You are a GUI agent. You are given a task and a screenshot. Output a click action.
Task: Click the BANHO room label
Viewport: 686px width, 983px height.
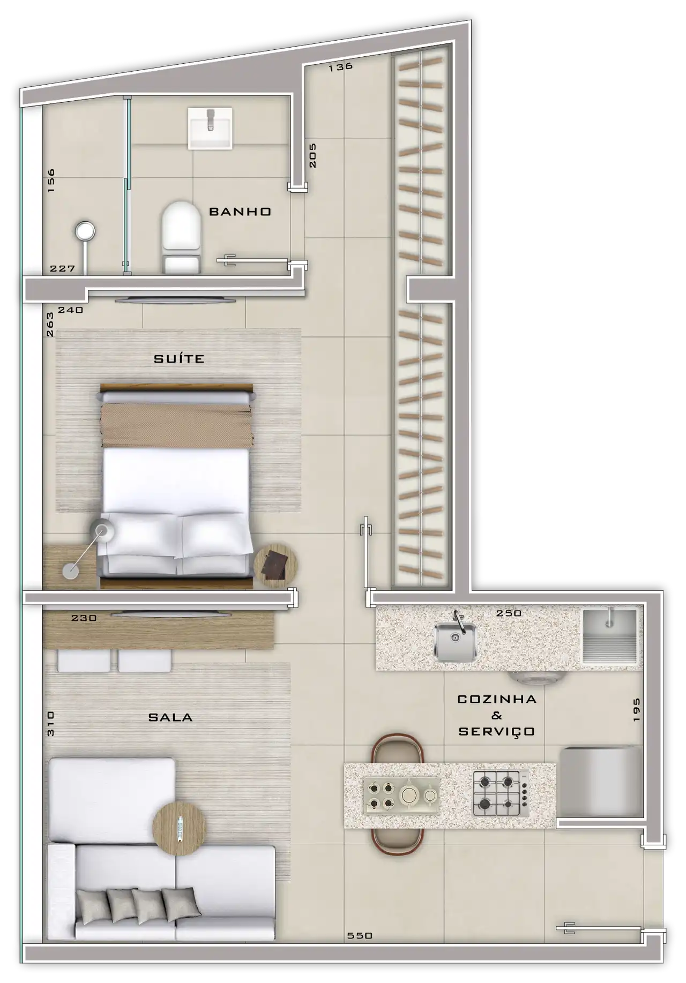(240, 212)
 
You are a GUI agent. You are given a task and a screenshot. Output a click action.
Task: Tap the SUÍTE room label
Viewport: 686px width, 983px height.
(179, 358)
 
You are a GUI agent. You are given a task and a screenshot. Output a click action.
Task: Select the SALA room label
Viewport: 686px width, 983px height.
(170, 717)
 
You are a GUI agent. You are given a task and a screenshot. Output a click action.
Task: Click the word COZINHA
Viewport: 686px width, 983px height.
(497, 699)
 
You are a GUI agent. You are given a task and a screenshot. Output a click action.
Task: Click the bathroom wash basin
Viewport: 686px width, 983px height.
(210, 128)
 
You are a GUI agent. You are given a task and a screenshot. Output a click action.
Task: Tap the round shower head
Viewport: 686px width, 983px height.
(85, 231)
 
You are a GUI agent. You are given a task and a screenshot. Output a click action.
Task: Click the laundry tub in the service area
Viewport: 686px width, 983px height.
(610, 636)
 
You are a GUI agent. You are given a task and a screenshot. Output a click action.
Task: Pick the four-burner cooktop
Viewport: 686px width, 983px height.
(501, 793)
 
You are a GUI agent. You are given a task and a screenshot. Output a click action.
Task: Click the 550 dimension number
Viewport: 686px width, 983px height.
(360, 935)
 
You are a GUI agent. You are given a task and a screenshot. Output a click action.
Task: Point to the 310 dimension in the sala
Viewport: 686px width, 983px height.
(50, 724)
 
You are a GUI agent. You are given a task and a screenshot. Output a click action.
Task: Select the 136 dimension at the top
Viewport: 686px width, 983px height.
(341, 66)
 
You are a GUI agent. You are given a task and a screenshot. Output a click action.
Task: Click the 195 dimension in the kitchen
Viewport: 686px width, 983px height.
(636, 710)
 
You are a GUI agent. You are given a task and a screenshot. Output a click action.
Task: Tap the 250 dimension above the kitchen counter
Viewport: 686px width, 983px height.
(509, 613)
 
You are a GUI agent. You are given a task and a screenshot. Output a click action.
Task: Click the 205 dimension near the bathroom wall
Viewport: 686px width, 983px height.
(312, 155)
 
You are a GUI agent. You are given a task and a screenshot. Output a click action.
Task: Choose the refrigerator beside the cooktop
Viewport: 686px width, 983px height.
(600, 783)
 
